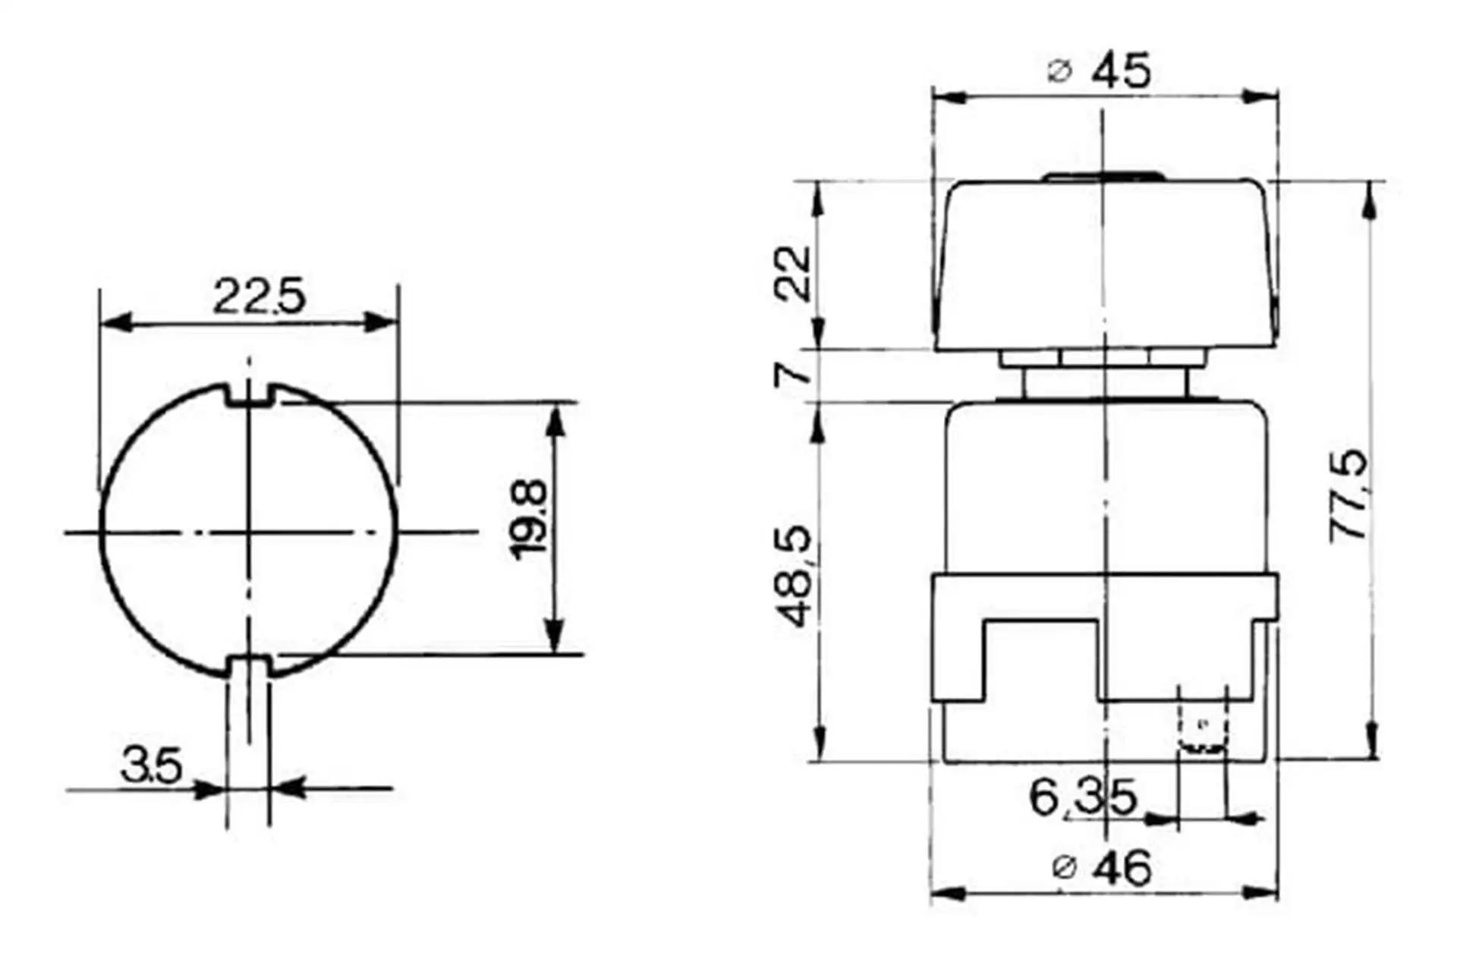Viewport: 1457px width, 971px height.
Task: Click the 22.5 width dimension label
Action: pos(259,296)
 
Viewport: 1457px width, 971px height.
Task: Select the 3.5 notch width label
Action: pos(151,765)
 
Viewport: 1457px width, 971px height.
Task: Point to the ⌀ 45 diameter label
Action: pos(1100,71)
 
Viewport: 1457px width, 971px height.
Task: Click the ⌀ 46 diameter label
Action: pos(1102,868)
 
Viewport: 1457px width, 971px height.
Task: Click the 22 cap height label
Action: pos(794,274)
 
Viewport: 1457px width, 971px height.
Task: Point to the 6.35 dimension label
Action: pos(1083,798)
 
